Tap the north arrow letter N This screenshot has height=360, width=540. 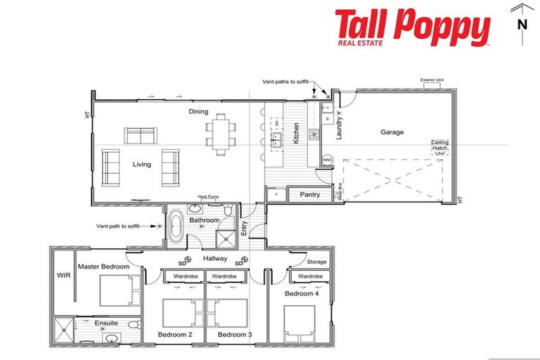point(522,24)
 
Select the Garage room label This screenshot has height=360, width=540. point(392,131)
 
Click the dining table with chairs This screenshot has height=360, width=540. point(219,133)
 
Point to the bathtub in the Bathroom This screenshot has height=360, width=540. point(176,226)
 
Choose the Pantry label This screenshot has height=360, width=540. point(310,194)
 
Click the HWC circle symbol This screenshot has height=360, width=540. point(327,160)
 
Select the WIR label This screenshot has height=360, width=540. point(61,276)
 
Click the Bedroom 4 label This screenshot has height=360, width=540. point(300,292)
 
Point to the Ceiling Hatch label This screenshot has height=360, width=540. point(439,146)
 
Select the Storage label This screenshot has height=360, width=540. point(316,262)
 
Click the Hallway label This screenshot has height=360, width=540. point(216,259)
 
